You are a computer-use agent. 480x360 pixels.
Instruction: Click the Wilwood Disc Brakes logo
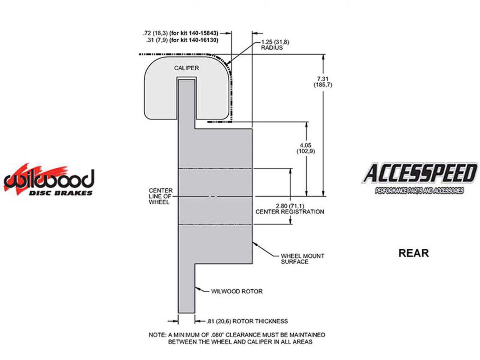(49, 180)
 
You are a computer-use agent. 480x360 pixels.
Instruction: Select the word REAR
(413, 253)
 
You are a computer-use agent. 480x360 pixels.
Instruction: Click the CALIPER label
(186, 68)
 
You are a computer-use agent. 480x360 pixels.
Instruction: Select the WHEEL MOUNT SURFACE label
(302, 259)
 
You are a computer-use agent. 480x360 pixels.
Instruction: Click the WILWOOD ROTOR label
(237, 291)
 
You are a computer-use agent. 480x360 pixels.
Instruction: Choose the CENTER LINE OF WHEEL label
(161, 196)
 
